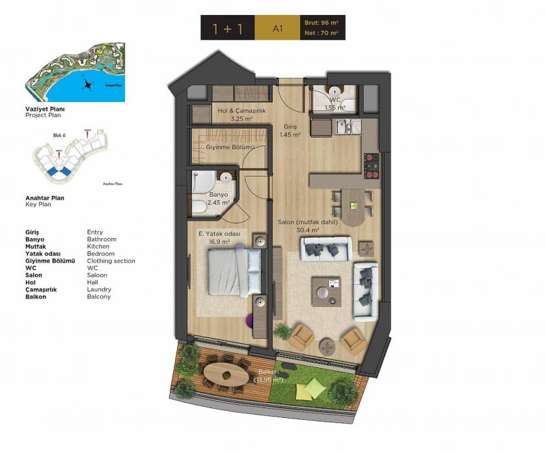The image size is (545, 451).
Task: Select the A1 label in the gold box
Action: click(277, 29)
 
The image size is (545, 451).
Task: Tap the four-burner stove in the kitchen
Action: click(371, 165)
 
